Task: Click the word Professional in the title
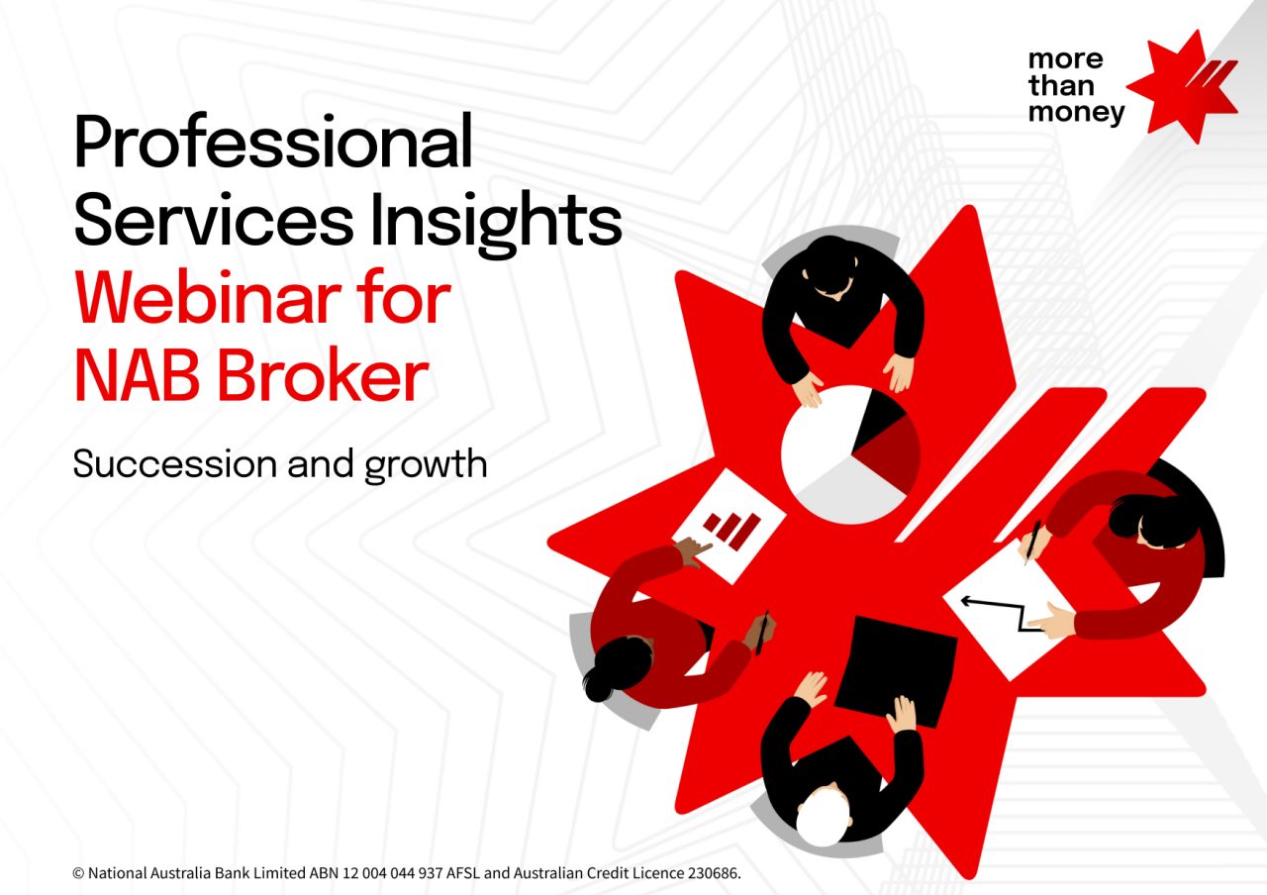272,142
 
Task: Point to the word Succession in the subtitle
175,464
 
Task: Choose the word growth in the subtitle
426,465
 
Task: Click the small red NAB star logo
1182,86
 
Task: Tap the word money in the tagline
1076,113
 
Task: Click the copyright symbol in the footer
78,873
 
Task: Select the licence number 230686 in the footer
713,873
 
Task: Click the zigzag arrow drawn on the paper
1002,612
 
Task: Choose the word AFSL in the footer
463,873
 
